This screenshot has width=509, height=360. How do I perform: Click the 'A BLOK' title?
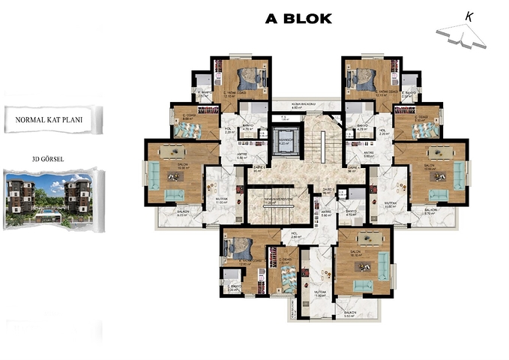click(x=298, y=19)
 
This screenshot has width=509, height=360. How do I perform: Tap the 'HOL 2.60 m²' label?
click(x=295, y=235)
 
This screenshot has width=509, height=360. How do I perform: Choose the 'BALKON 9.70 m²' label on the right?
click(x=430, y=211)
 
